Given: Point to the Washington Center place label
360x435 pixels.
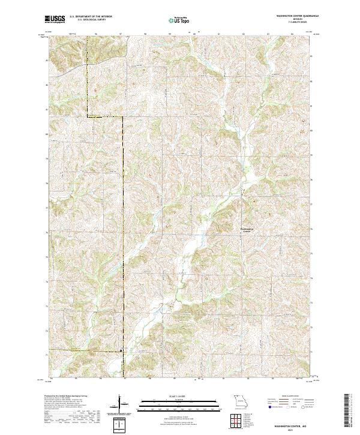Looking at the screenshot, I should (x=247, y=229).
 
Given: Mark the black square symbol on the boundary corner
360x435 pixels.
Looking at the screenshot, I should (x=122, y=350).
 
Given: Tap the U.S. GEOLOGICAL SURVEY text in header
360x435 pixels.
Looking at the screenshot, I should (x=91, y=20).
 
